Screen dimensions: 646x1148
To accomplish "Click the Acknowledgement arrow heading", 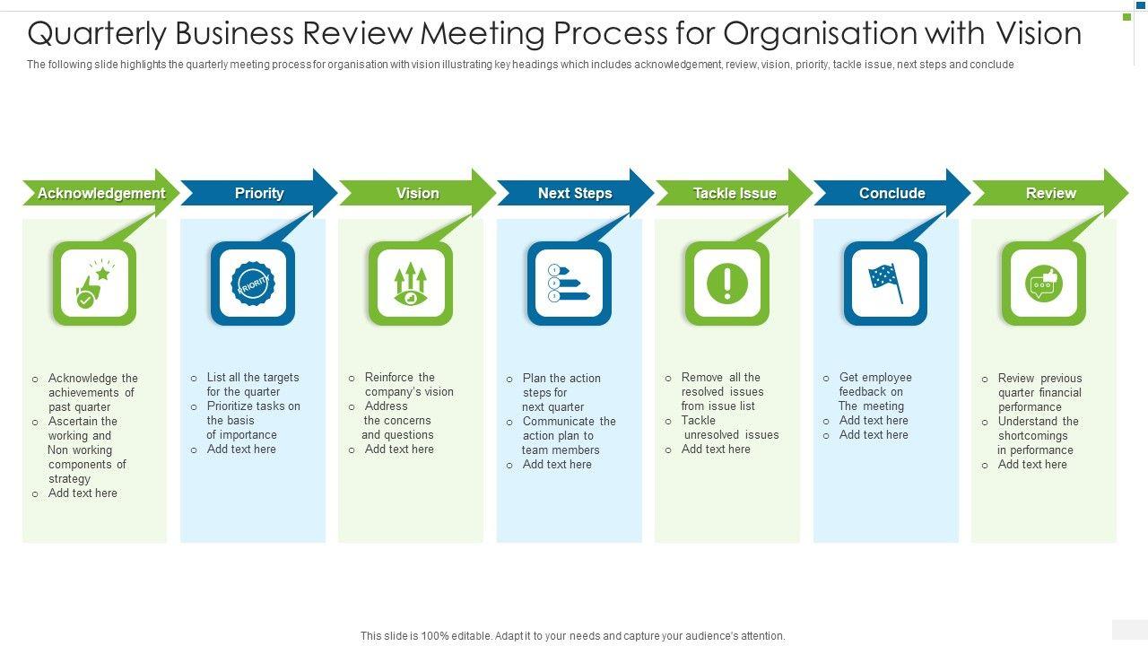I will click(x=100, y=193).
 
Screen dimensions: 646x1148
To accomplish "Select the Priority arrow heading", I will click(x=259, y=193).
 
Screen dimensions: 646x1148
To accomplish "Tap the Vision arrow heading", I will click(x=417, y=193).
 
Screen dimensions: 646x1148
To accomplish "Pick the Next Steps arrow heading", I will click(x=575, y=193).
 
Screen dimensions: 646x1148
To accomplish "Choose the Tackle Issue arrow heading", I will click(x=734, y=193).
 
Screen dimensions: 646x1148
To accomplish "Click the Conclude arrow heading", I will click(x=891, y=193).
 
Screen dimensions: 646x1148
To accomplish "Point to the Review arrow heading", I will click(x=1050, y=193).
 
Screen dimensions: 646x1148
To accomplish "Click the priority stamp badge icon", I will click(x=253, y=284).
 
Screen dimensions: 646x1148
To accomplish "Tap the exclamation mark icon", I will click(x=727, y=284).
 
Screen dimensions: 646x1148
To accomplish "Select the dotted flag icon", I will click(x=886, y=284).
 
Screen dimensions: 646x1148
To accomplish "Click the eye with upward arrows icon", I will click(x=411, y=284).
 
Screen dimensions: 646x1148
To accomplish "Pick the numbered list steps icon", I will click(x=570, y=284).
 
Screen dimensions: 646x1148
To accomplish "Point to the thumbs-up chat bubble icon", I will click(x=1044, y=284).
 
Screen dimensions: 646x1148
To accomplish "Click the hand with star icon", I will click(x=94, y=284).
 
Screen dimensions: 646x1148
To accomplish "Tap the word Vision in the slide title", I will click(x=1038, y=34).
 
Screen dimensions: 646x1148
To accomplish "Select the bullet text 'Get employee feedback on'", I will click(x=874, y=384).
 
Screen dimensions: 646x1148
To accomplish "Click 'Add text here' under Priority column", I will click(x=241, y=450).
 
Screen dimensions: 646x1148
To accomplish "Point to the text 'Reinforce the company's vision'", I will click(x=408, y=384).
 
